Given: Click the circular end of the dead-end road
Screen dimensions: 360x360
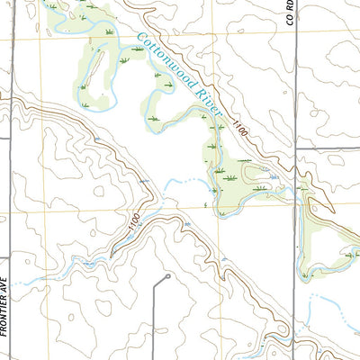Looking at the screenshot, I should [167, 277].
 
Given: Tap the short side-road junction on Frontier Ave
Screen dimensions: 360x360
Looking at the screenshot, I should [9, 90].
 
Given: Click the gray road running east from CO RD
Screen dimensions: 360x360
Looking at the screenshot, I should [328, 148].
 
